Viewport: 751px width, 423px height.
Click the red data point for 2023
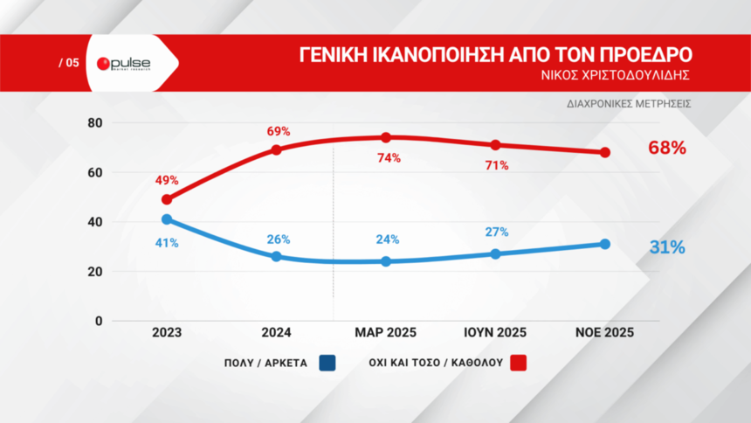click(167, 199)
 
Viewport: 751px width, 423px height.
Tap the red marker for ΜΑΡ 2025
click(386, 137)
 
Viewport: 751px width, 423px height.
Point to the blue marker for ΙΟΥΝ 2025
click(495, 253)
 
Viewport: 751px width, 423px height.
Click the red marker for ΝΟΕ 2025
click(604, 152)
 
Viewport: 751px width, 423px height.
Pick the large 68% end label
click(666, 148)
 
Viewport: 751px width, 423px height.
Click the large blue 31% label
click(667, 247)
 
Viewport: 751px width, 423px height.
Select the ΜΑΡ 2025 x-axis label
click(385, 333)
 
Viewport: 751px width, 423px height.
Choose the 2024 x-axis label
click(276, 333)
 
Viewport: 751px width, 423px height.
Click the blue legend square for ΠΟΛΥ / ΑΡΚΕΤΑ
click(328, 363)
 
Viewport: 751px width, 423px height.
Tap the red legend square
click(519, 363)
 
